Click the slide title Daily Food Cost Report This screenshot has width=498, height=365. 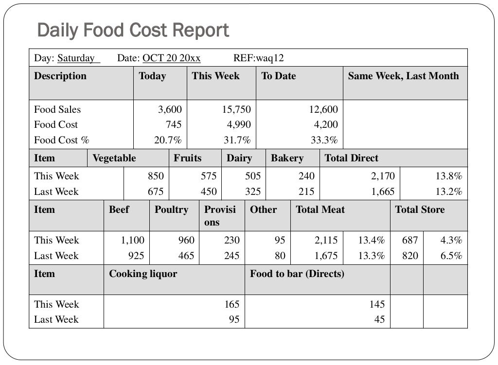[133, 30]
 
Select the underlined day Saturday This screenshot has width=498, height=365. [76, 58]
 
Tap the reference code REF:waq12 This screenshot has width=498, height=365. [258, 58]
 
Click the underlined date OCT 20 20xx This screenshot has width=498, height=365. [171, 58]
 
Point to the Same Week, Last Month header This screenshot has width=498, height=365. [403, 76]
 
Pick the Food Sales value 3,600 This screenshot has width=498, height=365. [170, 109]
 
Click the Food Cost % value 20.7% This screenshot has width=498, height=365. [168, 140]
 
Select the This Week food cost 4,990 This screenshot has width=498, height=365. [239, 125]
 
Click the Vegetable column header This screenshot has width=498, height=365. [114, 158]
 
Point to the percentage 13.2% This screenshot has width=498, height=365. [448, 191]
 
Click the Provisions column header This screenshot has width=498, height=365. [220, 216]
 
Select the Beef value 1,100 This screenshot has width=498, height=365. [133, 240]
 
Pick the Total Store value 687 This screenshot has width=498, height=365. [410, 240]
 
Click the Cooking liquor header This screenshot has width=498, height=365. [143, 274]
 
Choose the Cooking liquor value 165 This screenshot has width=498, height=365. [231, 304]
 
